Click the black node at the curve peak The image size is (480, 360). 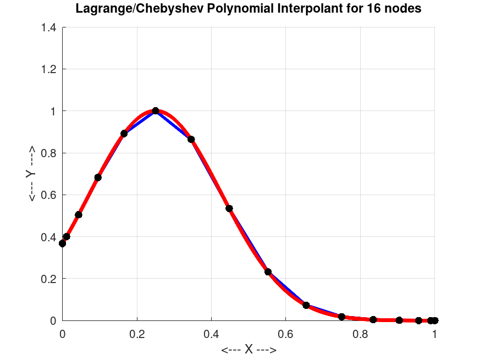(156, 111)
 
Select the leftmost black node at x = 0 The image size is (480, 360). (62, 243)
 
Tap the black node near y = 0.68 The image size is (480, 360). (98, 178)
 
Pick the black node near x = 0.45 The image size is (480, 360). (229, 208)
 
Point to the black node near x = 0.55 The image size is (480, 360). (268, 272)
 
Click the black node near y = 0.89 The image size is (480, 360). (124, 134)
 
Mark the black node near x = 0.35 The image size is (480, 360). (191, 140)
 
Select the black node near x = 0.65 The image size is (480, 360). (306, 305)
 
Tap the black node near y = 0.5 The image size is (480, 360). (79, 214)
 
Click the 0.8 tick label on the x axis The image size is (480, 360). (360, 333)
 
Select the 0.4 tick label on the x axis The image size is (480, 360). (211, 333)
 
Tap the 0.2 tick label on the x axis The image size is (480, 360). (137, 333)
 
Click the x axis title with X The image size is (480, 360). (249, 350)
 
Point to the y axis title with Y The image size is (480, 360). (31, 174)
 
